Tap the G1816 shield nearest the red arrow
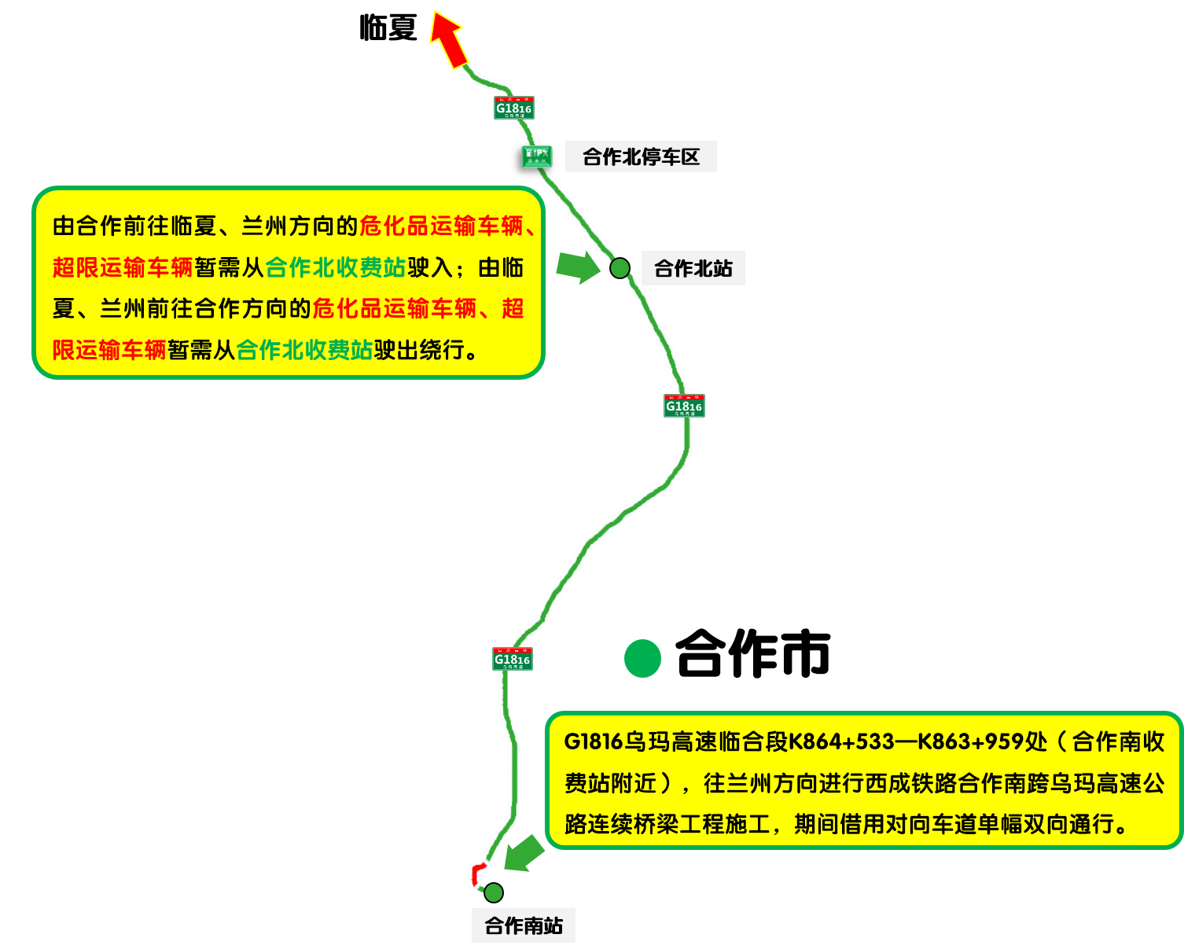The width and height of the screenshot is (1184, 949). tap(513, 108)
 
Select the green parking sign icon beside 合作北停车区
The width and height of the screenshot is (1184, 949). tap(537, 156)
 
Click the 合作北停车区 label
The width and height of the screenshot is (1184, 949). tap(641, 157)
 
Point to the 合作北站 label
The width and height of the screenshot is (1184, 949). tap(693, 269)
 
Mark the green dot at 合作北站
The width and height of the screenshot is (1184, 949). tap(620, 268)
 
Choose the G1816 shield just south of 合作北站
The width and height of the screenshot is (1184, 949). tap(684, 406)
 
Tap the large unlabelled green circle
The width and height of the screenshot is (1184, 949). tap(642, 659)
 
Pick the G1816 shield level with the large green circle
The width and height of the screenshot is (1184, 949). tap(513, 659)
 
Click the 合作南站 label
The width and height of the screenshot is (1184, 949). tap(524, 925)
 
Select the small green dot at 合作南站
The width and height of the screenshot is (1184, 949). tap(493, 892)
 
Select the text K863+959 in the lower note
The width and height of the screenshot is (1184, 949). tap(971, 742)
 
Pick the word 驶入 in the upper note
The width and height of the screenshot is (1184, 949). tap(430, 268)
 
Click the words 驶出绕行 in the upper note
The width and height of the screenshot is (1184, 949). tap(419, 350)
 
